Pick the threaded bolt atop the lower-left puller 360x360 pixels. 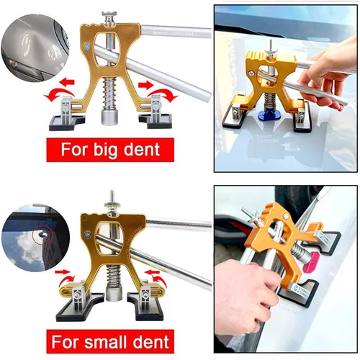coord(112,201)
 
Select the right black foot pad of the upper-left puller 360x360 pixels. coord(163,121)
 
